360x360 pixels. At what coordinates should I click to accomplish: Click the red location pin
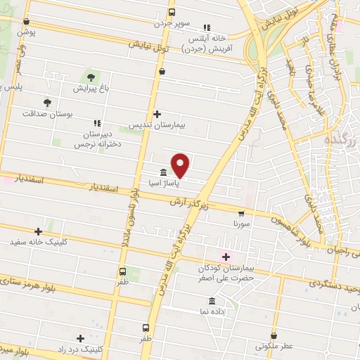point(181,165)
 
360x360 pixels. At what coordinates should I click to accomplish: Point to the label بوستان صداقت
point(46,113)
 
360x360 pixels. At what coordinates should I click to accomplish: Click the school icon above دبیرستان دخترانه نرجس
point(96,122)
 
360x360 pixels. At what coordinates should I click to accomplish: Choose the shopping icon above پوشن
point(26,22)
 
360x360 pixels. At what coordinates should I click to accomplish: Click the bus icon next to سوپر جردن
point(172,11)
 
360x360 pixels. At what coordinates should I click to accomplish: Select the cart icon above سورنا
point(241,212)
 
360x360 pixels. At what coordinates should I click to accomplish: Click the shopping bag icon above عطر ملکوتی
point(274,335)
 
